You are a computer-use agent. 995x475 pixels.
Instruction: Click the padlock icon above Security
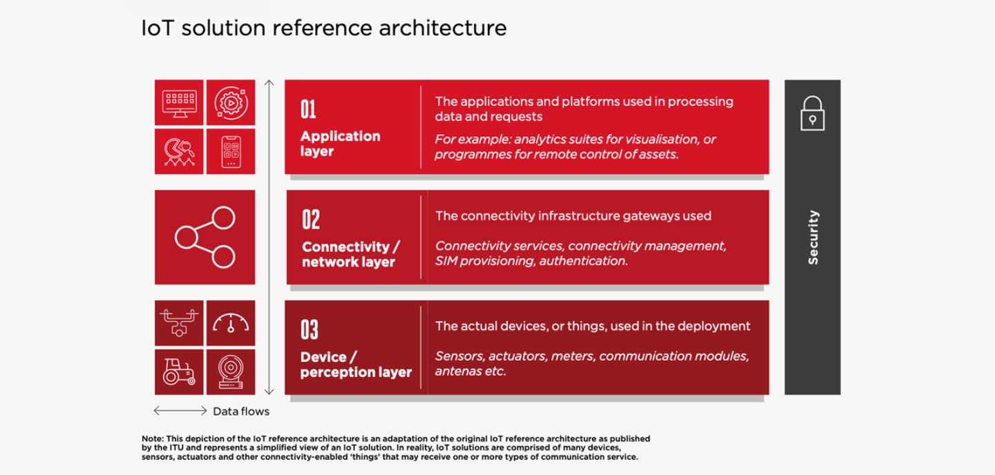813,114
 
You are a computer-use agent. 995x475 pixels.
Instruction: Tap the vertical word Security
813,237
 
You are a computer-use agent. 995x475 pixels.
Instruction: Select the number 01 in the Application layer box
308,109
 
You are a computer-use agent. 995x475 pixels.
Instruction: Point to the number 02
310,220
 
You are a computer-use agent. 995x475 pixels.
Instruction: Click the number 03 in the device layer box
309,330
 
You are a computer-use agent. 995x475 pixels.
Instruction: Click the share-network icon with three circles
205,237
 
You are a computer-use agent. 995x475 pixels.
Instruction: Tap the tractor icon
179,372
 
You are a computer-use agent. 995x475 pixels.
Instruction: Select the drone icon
179,322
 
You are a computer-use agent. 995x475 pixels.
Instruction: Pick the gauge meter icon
231,322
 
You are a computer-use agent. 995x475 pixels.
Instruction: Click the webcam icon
231,372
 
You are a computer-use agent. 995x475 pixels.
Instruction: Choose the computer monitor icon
179,104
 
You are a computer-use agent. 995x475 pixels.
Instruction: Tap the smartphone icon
231,152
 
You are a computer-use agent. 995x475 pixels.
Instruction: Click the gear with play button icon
231,103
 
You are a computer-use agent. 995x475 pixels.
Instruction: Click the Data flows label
241,411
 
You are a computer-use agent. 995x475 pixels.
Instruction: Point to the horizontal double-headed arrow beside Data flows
180,411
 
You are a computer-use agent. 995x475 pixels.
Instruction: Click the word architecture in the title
442,28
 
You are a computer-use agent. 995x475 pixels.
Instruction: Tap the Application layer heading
340,144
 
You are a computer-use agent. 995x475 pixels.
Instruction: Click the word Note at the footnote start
152,438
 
